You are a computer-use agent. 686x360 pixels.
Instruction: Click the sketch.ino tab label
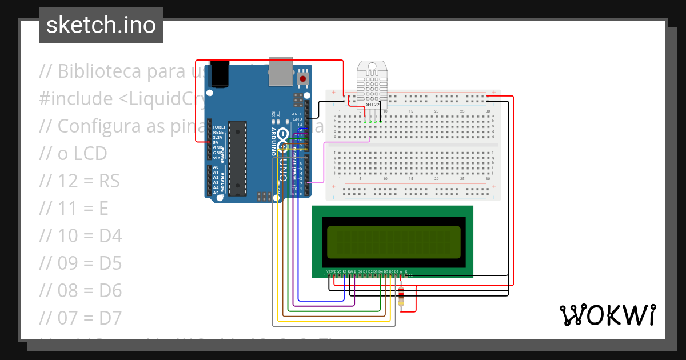[x=101, y=25]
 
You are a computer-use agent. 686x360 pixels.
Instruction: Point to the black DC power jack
[x=220, y=74]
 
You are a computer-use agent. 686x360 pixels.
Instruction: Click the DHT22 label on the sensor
[x=372, y=105]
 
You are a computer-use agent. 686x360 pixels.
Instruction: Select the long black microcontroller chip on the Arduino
[x=237, y=158]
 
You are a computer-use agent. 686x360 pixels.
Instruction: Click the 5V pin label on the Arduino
[x=216, y=142]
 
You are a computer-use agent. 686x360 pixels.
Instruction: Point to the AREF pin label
[x=297, y=114]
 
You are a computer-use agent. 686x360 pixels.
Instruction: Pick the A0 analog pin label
[x=216, y=167]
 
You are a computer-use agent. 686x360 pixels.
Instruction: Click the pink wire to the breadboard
[x=324, y=163]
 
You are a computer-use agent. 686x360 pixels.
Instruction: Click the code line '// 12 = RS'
[x=79, y=181]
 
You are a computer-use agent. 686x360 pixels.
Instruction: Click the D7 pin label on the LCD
[x=396, y=271]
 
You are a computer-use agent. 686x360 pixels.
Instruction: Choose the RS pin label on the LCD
[x=344, y=271]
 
